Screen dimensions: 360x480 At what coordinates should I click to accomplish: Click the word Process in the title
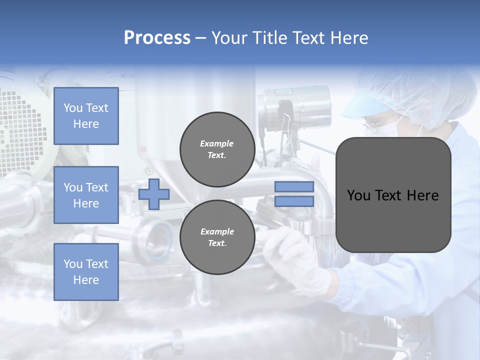(157, 38)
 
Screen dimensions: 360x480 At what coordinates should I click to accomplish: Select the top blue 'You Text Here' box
(86, 116)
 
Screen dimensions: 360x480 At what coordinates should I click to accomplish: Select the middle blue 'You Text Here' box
(86, 195)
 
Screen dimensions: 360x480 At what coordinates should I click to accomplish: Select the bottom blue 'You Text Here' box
(86, 271)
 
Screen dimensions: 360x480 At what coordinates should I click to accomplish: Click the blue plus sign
(154, 194)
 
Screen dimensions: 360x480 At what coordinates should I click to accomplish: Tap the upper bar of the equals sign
(294, 187)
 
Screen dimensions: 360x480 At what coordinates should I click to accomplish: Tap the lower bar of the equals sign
(294, 201)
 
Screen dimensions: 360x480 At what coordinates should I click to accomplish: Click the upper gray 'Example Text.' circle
(217, 149)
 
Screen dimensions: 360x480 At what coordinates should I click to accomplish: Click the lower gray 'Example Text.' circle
(217, 237)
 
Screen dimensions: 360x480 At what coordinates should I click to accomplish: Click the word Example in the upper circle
(217, 143)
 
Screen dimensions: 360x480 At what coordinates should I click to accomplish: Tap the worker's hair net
(425, 95)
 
